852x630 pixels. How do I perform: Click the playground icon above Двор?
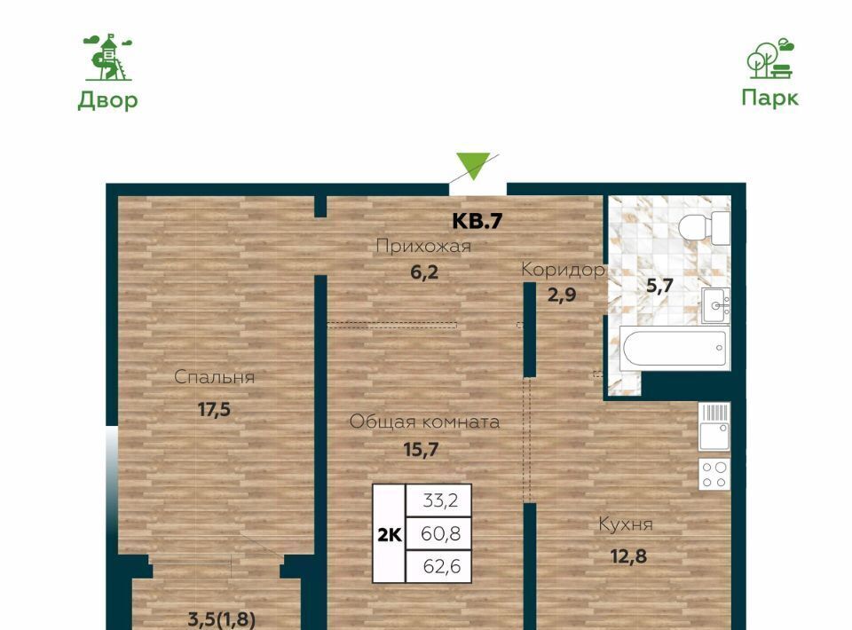click(107, 57)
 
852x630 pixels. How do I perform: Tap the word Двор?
click(107, 100)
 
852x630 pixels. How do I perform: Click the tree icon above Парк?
click(770, 58)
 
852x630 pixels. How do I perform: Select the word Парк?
click(770, 98)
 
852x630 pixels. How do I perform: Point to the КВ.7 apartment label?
click(477, 221)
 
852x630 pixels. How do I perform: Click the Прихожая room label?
click(423, 247)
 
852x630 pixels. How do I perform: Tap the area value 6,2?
click(424, 272)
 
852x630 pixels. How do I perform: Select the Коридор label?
click(563, 270)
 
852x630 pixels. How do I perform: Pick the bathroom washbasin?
click(715, 305)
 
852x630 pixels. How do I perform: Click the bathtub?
click(674, 348)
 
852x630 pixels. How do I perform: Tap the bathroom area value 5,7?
click(659, 285)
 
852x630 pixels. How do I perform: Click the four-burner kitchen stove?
click(714, 474)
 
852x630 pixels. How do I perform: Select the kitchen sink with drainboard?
click(714, 427)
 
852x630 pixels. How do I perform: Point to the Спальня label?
click(214, 377)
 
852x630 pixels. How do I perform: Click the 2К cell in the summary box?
click(389, 534)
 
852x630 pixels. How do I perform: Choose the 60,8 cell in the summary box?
click(439, 534)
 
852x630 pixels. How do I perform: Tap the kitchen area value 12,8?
click(628, 556)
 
